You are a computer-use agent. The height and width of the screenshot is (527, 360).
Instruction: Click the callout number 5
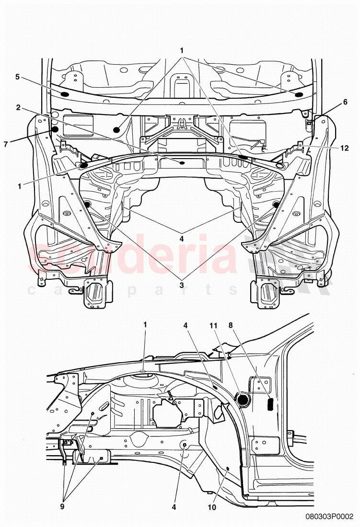pos(17,77)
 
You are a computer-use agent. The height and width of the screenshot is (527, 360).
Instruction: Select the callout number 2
pos(18,108)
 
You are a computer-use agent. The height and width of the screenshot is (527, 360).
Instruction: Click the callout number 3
pos(182,284)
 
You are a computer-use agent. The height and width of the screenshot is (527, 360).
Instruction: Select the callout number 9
pos(63,493)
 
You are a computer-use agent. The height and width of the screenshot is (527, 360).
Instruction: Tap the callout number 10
pos(212,493)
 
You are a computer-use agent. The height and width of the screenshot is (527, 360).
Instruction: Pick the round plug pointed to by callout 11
pos(243,399)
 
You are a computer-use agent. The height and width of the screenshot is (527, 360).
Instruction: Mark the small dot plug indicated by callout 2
pos(182,163)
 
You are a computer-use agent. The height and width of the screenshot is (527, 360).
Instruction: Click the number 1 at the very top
pos(182,50)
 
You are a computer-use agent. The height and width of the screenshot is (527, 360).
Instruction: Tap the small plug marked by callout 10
pos(227,469)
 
